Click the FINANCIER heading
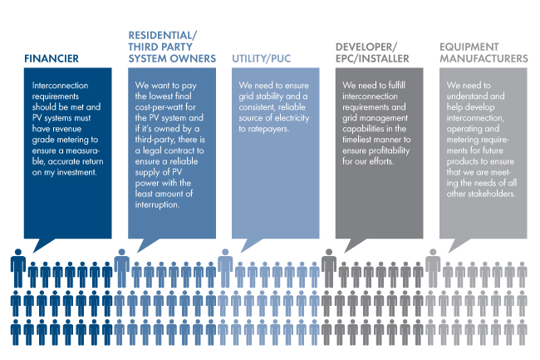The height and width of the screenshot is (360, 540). click(52, 58)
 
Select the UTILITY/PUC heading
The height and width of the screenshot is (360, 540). click(262, 58)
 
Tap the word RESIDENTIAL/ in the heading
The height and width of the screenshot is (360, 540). click(163, 36)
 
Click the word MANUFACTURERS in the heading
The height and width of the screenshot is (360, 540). click(484, 58)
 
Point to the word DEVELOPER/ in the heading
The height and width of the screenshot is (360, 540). click(366, 47)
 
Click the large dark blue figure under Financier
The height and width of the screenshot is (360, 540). click(18, 268)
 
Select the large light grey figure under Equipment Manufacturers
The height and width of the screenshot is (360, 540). click(433, 268)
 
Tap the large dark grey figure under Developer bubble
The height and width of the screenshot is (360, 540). click(329, 268)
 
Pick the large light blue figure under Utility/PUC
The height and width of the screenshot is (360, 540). click(225, 268)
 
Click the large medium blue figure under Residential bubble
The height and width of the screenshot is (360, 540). click(121, 268)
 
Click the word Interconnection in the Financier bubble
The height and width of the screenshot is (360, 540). click(61, 86)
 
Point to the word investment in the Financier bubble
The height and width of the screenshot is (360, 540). click(76, 172)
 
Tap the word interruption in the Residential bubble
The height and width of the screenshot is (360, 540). click(157, 205)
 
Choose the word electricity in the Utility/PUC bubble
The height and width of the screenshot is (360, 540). click(292, 118)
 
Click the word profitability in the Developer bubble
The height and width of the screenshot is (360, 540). click(389, 150)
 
